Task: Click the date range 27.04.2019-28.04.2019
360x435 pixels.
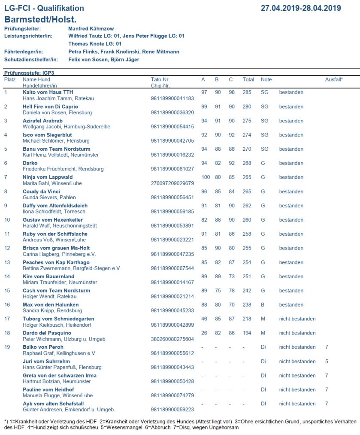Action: click(x=301, y=8)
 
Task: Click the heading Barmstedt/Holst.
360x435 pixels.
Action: click(x=40, y=19)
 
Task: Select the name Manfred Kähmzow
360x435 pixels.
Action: click(x=91, y=28)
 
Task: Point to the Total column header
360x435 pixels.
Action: click(x=248, y=79)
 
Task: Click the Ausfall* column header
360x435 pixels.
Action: click(x=334, y=79)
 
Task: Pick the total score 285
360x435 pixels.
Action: click(x=247, y=92)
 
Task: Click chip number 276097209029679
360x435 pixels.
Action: click(x=172, y=183)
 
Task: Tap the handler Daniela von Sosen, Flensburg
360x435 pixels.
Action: click(x=57, y=113)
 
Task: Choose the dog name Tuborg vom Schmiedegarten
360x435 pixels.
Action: click(x=58, y=319)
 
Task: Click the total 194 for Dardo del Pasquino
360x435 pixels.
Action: click(x=247, y=333)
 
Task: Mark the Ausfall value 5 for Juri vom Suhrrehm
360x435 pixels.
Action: click(x=327, y=362)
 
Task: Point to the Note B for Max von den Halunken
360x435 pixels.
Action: click(x=263, y=305)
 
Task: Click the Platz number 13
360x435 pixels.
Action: click(x=7, y=262)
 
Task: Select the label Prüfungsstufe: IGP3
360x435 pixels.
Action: click(x=29, y=73)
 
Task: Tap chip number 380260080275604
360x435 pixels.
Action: click(x=172, y=339)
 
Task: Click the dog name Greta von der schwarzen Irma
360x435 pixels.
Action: click(x=60, y=376)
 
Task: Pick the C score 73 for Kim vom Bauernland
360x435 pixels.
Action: click(x=232, y=277)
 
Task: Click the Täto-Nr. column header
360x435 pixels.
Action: click(x=160, y=79)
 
